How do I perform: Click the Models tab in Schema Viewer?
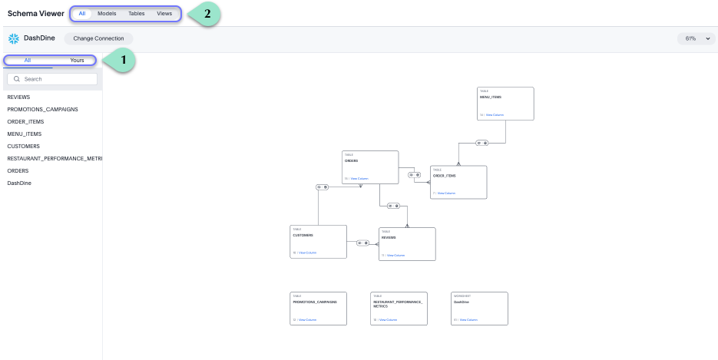coord(107,14)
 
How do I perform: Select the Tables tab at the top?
coord(136,14)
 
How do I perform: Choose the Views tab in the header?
coord(164,14)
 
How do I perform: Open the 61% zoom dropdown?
coord(696,38)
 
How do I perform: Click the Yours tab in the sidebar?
coord(77,60)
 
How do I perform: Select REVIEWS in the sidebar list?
coord(18,97)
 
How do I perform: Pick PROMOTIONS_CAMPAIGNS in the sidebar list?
coord(42,110)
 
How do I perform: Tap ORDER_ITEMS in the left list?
coord(25,122)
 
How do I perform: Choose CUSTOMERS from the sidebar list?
coord(24,147)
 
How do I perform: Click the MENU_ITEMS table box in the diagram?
coord(505,103)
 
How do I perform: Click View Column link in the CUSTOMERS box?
coord(307,253)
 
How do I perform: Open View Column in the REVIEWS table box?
coord(395,255)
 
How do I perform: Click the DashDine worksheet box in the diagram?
coord(479,308)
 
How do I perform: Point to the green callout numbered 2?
coord(206,14)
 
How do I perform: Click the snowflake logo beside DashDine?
coord(13,38)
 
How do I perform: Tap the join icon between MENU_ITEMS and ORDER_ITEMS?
coord(481,143)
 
